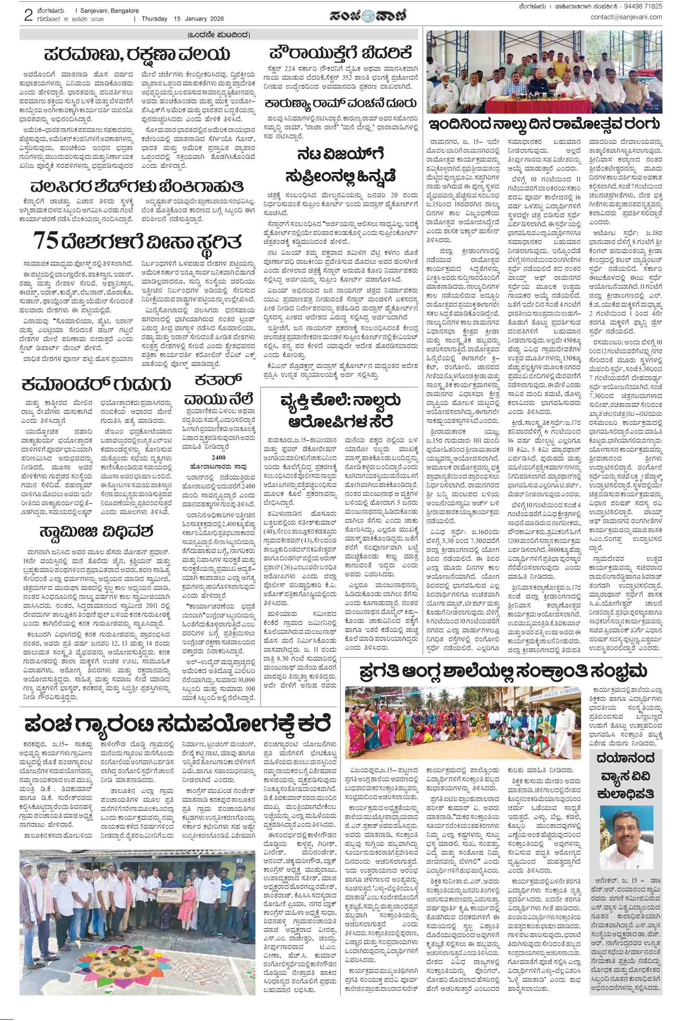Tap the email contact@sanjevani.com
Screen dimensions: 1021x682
tap(626, 17)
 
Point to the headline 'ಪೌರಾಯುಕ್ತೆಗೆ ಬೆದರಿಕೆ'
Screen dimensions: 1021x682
tap(340, 53)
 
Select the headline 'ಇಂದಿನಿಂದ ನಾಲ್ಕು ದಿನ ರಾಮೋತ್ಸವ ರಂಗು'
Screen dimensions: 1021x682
tap(544, 125)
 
